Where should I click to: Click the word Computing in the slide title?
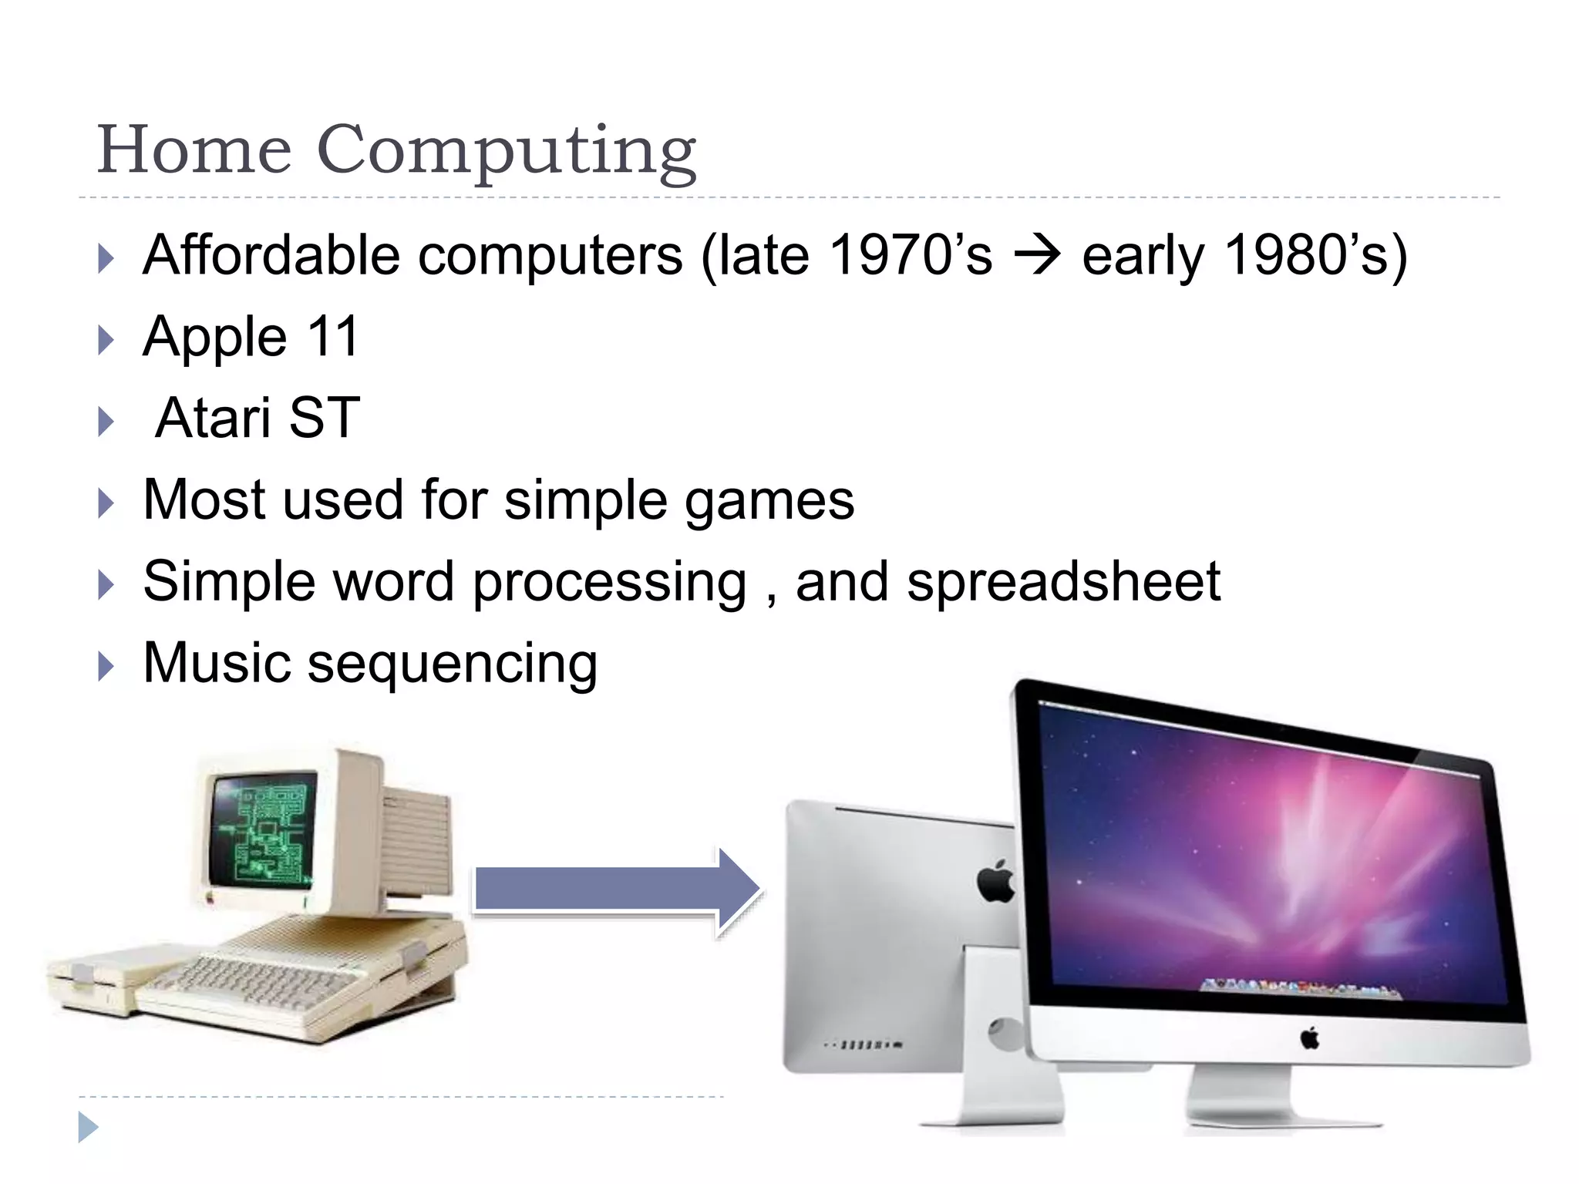click(507, 150)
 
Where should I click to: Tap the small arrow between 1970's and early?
click(1037, 255)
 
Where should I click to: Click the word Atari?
click(213, 418)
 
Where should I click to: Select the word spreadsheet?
click(1063, 581)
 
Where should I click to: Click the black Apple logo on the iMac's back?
click(996, 881)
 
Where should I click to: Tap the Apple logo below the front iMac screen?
click(1309, 1038)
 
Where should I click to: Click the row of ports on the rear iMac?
click(864, 1045)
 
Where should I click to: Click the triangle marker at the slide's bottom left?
click(88, 1127)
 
